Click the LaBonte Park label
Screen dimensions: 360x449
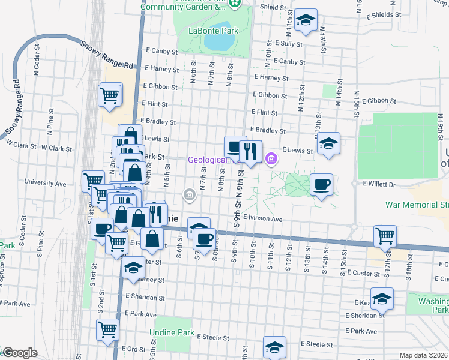(208, 30)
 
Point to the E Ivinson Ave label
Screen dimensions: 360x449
(263, 220)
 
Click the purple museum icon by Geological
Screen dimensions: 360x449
(271, 160)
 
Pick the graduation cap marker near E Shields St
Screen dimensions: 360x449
(306, 20)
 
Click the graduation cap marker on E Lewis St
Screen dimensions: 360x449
(328, 144)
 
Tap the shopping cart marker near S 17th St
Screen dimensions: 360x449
(384, 235)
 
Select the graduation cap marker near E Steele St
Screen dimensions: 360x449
(274, 347)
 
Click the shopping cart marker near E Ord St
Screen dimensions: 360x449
(107, 329)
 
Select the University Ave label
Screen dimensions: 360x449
(45, 183)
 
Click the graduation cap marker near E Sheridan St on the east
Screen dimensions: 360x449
(381, 298)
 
